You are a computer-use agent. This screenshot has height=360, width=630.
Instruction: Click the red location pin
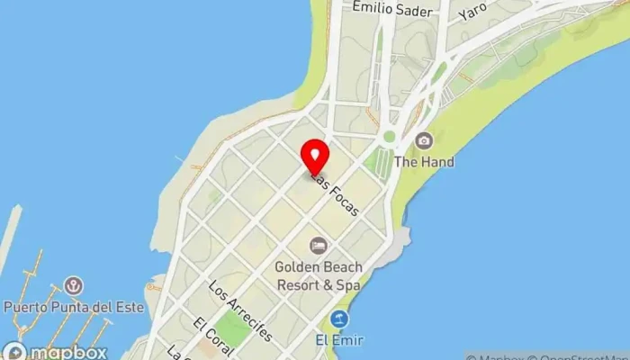click(x=314, y=157)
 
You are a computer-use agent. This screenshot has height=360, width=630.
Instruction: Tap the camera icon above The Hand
click(x=424, y=140)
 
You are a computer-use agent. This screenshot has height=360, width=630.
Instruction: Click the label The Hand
click(x=424, y=162)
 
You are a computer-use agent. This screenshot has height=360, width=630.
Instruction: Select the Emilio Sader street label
click(x=392, y=9)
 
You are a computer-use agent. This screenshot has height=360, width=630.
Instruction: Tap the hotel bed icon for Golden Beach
click(x=318, y=245)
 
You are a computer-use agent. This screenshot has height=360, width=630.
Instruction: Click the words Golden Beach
click(x=319, y=266)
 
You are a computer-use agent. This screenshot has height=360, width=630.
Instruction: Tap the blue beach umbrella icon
click(x=339, y=319)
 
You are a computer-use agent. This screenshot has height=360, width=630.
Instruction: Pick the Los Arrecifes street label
click(x=239, y=311)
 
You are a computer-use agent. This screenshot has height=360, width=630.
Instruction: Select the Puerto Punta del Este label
click(x=74, y=307)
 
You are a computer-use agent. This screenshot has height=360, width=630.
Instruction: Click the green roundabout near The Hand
click(x=389, y=137)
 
